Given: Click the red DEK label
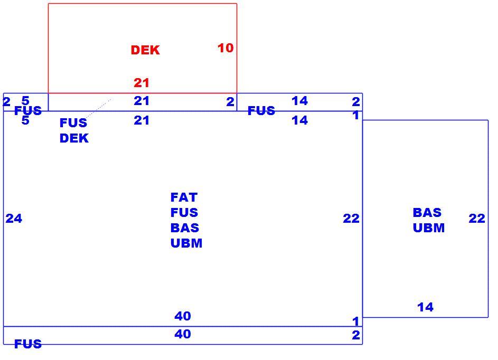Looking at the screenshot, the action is [145, 50].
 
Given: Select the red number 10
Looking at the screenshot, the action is [225, 48].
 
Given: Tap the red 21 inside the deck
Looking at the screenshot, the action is [142, 83].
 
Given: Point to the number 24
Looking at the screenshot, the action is [14, 219].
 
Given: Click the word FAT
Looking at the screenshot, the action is [184, 197].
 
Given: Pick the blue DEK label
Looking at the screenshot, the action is [74, 138].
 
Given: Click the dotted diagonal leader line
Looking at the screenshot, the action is [98, 109].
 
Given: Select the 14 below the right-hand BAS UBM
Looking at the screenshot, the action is [425, 307].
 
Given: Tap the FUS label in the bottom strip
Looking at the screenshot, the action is [28, 344].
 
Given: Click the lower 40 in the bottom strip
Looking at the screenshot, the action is [183, 334].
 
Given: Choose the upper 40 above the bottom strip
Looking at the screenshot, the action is [183, 316].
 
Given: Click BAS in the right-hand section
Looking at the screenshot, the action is [427, 212].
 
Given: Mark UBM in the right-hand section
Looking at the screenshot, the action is [429, 228].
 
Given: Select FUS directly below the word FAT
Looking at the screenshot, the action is [184, 212].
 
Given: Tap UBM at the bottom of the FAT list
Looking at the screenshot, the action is [186, 243].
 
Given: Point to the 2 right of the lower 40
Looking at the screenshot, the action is [356, 335].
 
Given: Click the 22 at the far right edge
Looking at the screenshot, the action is [477, 219].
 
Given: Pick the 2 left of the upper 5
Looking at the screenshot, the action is [6, 102].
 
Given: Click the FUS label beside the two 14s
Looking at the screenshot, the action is [261, 110].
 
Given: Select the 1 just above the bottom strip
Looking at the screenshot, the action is [356, 321].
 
